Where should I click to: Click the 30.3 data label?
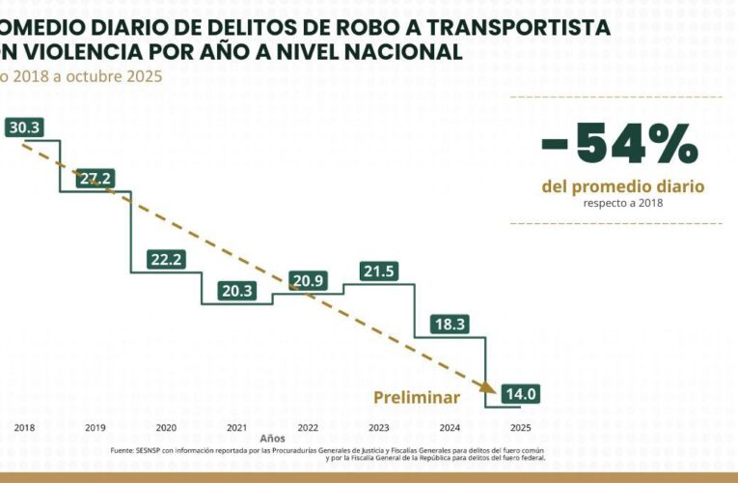pyautogui.click(x=22, y=128)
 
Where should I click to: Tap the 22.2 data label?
pyautogui.click(x=166, y=259)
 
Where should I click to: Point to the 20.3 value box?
pyautogui.click(x=236, y=290)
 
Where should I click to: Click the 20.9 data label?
pyautogui.click(x=308, y=281)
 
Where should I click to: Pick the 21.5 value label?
pyautogui.click(x=379, y=271)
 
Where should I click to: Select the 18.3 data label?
pyautogui.click(x=451, y=325)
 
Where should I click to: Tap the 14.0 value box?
pyautogui.click(x=520, y=393)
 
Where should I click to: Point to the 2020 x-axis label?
pyautogui.click(x=166, y=427)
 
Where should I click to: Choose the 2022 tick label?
pyautogui.click(x=308, y=427)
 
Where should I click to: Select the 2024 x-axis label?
pyautogui.click(x=450, y=427)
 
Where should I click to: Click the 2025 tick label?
pyautogui.click(x=521, y=427)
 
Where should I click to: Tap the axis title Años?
pyautogui.click(x=272, y=438)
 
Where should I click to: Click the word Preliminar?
pyautogui.click(x=417, y=397)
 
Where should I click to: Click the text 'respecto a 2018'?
pyautogui.click(x=623, y=203)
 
